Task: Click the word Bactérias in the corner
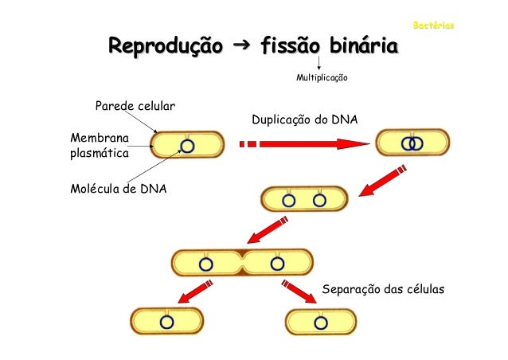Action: [x=434, y=27]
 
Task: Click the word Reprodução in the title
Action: [x=166, y=49]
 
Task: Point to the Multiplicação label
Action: [x=322, y=79]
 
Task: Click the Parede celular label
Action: [x=135, y=105]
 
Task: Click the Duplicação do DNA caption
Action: [x=305, y=120]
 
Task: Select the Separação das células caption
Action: [x=381, y=288]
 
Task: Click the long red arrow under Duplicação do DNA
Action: [x=303, y=144]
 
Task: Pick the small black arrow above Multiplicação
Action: [x=318, y=64]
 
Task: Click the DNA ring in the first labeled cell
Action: [x=187, y=146]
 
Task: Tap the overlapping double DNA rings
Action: [x=412, y=144]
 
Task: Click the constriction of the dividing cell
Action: [x=242, y=264]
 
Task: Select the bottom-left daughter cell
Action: [x=166, y=321]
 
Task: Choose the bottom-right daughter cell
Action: [x=321, y=322]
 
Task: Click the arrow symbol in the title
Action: [x=236, y=48]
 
